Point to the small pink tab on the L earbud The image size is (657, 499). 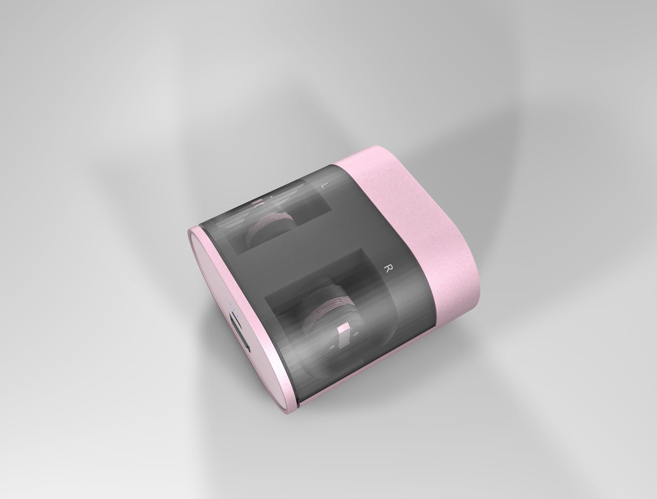[257, 202]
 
